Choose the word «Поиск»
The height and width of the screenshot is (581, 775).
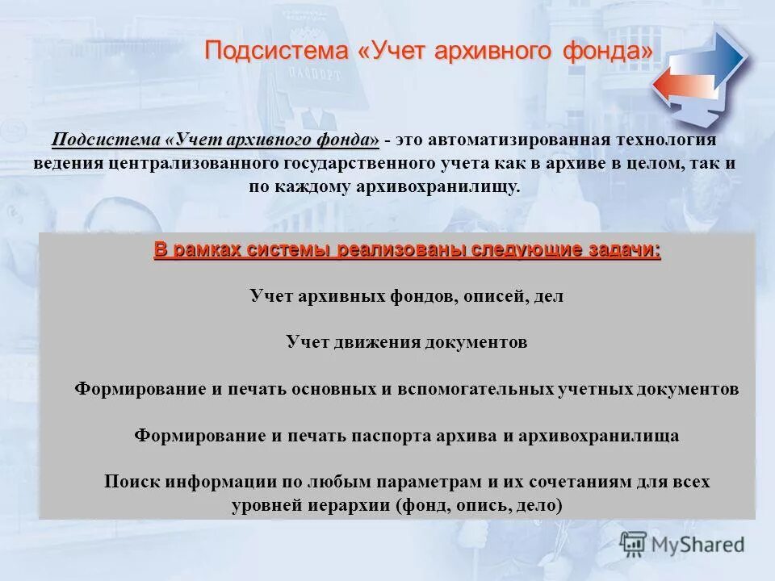coord(133,483)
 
